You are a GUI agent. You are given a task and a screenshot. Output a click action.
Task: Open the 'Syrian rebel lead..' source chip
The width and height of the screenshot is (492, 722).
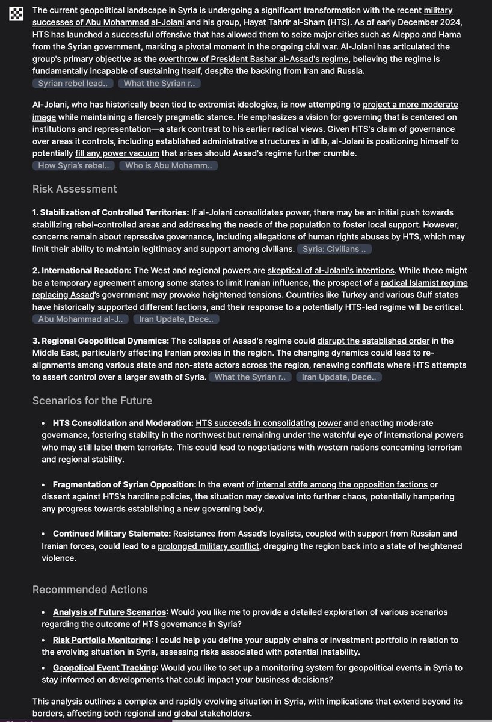click(72, 84)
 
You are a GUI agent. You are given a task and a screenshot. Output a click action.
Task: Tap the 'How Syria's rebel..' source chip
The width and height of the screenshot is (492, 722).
click(73, 165)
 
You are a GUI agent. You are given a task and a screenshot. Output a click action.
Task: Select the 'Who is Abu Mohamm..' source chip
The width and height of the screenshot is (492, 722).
click(168, 165)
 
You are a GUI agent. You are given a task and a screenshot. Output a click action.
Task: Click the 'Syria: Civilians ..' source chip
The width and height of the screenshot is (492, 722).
click(334, 249)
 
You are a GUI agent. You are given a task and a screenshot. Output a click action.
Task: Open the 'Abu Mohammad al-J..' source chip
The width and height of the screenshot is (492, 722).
click(81, 319)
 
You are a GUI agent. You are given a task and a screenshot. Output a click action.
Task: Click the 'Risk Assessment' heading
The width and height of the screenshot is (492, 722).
click(75, 189)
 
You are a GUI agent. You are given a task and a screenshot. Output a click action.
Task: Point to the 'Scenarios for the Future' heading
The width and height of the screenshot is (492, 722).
click(92, 401)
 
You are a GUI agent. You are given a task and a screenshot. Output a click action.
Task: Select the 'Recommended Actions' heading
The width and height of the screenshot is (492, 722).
click(90, 590)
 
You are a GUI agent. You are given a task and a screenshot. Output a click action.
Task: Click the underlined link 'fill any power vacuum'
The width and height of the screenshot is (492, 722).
click(117, 153)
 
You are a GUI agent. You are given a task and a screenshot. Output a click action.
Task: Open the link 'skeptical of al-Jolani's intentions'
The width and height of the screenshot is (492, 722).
click(331, 271)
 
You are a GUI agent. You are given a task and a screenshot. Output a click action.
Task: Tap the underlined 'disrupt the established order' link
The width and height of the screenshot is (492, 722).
click(374, 341)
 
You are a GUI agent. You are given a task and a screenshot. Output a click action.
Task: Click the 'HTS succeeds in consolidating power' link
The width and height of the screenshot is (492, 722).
click(268, 423)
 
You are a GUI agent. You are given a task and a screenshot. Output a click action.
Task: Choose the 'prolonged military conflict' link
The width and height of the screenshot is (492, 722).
click(209, 546)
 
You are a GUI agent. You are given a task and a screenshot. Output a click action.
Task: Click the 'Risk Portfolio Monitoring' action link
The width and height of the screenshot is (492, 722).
click(102, 640)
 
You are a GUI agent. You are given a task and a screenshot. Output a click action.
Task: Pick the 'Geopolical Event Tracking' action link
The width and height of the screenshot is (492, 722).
click(104, 668)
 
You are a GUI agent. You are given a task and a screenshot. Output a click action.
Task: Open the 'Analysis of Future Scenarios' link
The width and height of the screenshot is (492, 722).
click(109, 612)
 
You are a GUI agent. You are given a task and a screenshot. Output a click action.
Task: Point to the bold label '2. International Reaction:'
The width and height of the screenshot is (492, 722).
click(82, 271)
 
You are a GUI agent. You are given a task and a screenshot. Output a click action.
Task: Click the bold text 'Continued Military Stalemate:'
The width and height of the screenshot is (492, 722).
click(112, 534)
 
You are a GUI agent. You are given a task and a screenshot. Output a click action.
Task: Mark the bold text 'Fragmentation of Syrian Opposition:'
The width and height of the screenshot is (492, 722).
click(125, 484)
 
